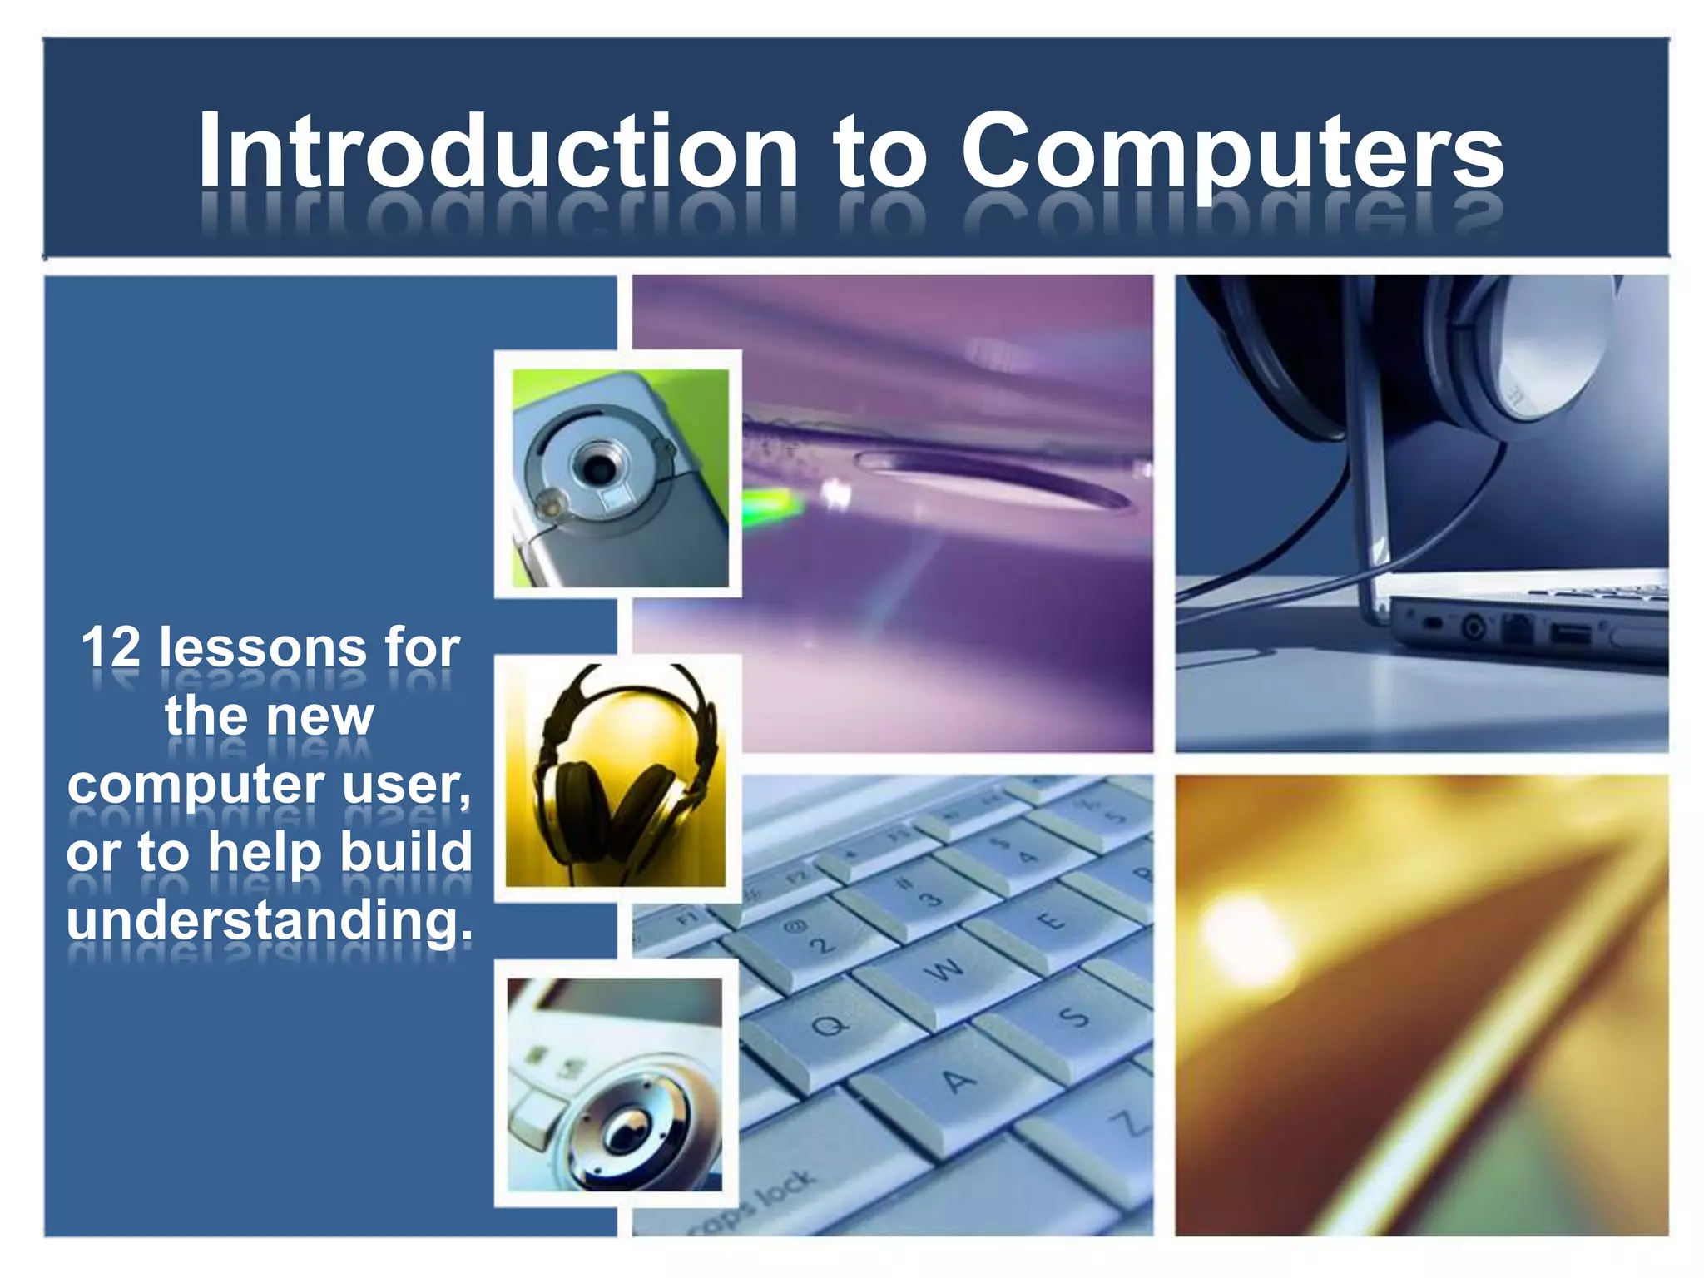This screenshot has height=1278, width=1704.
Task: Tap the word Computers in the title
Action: click(x=1231, y=151)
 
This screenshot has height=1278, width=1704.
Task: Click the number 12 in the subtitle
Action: click(x=111, y=647)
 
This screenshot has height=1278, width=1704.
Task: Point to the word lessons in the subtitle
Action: click(x=263, y=647)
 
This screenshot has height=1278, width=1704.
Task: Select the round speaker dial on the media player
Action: click(x=628, y=1127)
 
